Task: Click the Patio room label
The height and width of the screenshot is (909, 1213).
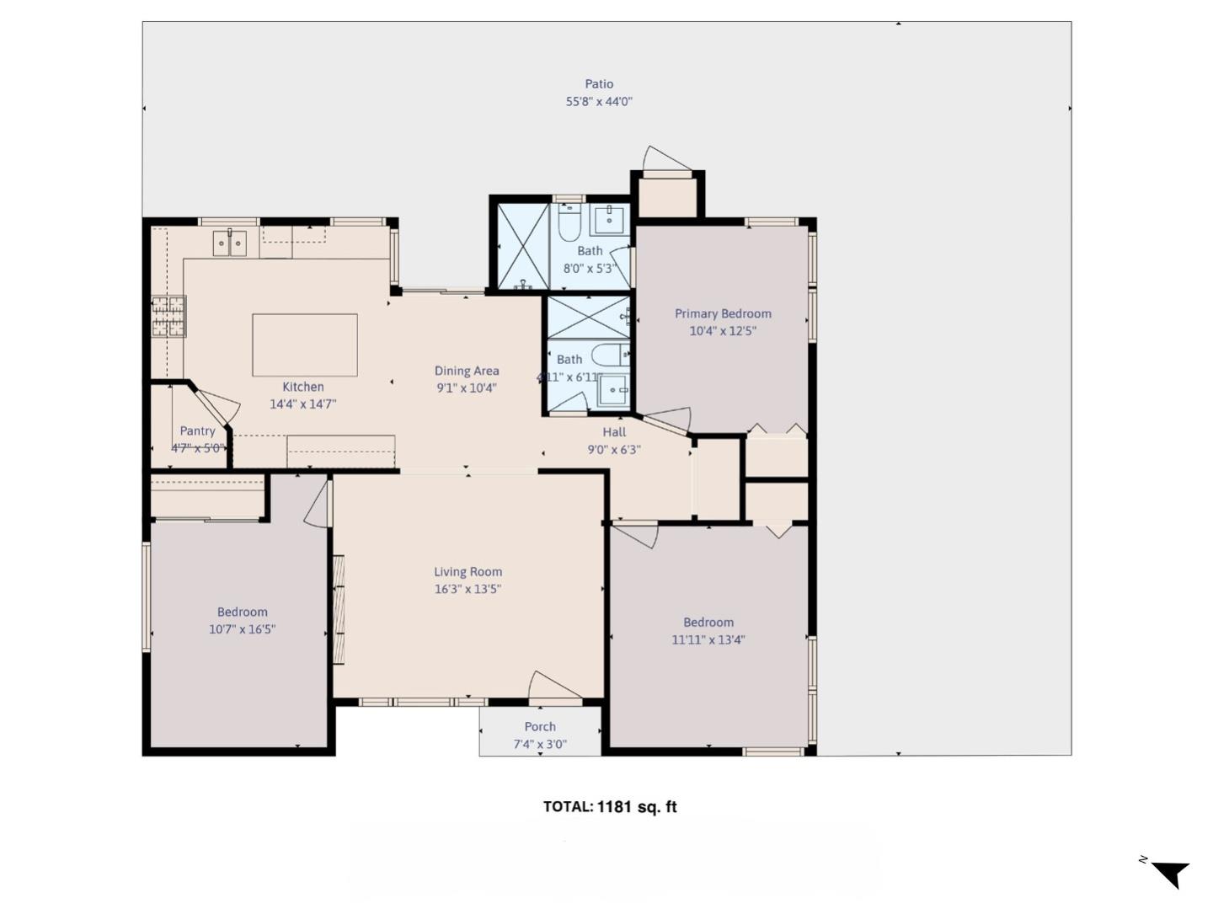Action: pos(599,83)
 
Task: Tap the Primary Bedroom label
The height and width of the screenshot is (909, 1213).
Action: pos(723,313)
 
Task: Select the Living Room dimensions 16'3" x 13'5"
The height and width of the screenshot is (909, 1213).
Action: pos(468,590)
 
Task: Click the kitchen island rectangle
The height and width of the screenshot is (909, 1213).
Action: pos(304,345)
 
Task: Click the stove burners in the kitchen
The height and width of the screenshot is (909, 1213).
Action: pos(168,316)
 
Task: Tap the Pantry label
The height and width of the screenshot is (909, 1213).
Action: pos(197,430)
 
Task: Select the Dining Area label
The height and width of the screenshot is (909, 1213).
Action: pos(467,371)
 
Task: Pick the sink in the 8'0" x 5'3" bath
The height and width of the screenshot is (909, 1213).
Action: pos(608,220)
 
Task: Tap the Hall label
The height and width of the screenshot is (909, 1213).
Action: pos(614,432)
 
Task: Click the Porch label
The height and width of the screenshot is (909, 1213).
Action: pos(540,726)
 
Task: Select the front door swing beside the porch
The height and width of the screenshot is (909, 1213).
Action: pos(552,686)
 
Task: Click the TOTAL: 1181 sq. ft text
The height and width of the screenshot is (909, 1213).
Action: pos(610,806)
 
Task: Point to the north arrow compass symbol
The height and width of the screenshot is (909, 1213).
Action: pos(1168,873)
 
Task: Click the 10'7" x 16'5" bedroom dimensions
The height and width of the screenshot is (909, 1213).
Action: pos(243,629)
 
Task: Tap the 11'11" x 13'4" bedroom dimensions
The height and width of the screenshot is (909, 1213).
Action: pos(708,639)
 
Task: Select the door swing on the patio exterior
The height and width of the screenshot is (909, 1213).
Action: pos(665,158)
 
